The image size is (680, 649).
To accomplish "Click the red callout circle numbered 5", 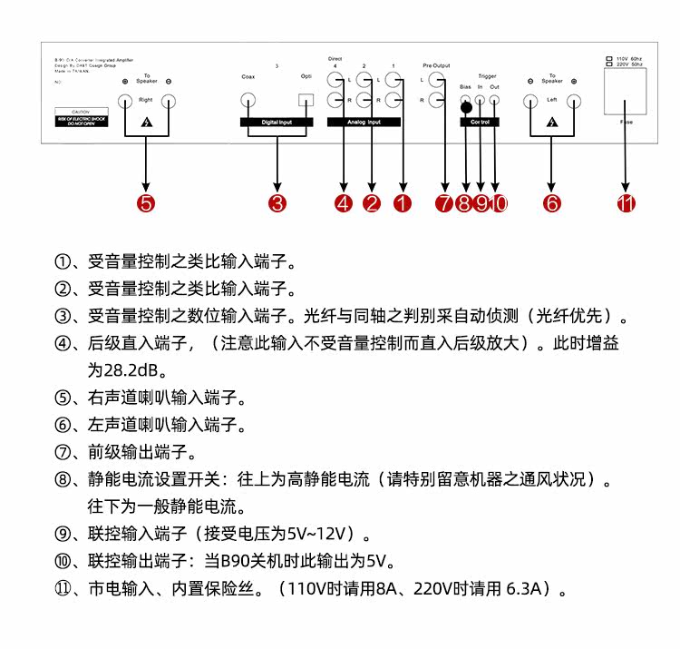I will pos(146,203).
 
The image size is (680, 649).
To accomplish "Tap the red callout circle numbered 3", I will pos(277,203).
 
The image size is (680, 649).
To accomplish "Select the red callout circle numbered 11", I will pos(626,203).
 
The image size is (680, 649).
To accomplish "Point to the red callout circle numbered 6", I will pos(552,203).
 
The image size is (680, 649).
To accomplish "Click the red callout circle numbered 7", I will pos(444,203).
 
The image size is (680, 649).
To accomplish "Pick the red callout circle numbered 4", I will pos(343,203).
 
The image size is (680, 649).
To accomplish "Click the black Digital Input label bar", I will pos(276,121).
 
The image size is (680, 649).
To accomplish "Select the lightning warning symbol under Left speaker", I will pos(552,122).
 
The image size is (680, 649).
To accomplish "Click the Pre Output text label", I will pos(435,66).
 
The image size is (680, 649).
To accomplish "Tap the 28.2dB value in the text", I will pos(121,370).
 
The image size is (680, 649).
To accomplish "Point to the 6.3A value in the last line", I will pos(525,589).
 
